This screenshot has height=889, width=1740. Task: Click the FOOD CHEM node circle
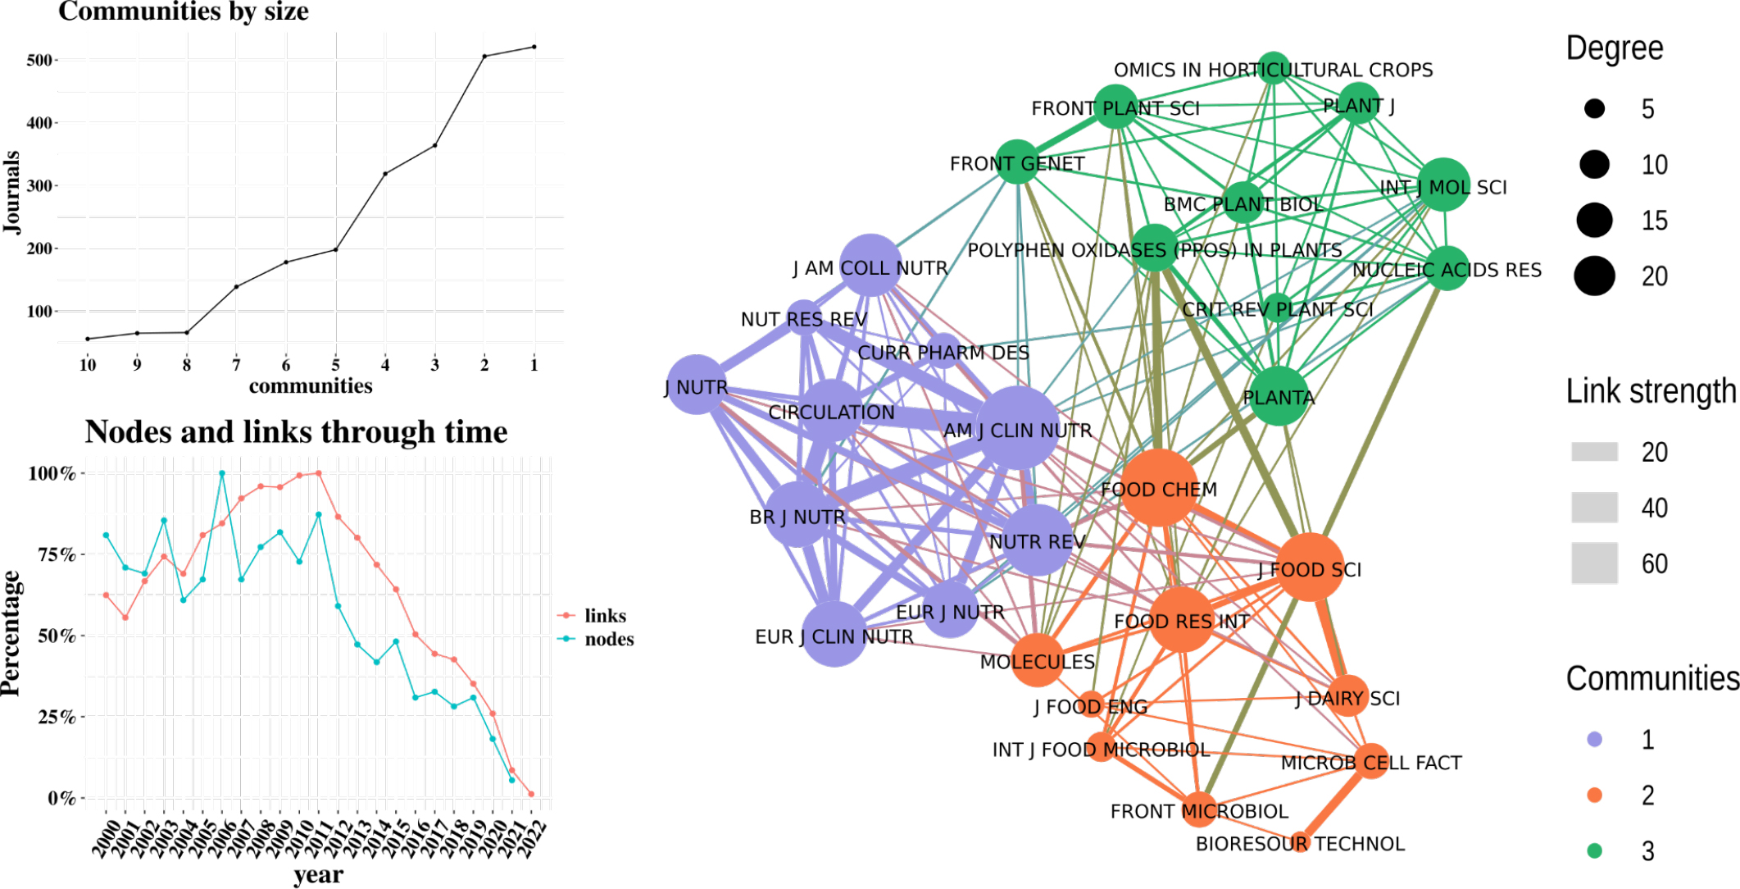[x=1158, y=488]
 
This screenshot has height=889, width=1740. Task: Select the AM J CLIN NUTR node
[x=1017, y=428]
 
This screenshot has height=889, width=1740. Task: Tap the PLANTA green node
[x=1278, y=396]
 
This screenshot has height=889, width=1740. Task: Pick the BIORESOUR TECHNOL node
[x=1300, y=842]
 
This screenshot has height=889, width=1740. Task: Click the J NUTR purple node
[x=697, y=385]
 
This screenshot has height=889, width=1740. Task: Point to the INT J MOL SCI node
[x=1442, y=185]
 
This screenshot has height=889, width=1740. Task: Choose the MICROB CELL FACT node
[x=1371, y=761]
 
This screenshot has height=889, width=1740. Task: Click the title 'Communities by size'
[x=184, y=11]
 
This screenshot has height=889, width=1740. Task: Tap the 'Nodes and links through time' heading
[x=296, y=431]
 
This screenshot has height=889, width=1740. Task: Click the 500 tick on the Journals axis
[x=39, y=60]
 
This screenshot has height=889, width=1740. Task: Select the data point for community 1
[x=534, y=47]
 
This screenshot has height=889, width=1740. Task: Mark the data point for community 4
[x=385, y=174]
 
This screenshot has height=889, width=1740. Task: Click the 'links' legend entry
[x=605, y=616]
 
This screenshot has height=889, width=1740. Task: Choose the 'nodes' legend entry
[x=608, y=639]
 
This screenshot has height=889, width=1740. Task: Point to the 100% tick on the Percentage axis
[x=52, y=473]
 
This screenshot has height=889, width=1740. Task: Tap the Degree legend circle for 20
[x=1594, y=276]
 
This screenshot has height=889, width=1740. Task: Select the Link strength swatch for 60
[x=1594, y=563]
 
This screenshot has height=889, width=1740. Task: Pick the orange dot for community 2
[x=1594, y=795]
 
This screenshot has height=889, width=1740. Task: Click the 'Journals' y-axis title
[x=11, y=192]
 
